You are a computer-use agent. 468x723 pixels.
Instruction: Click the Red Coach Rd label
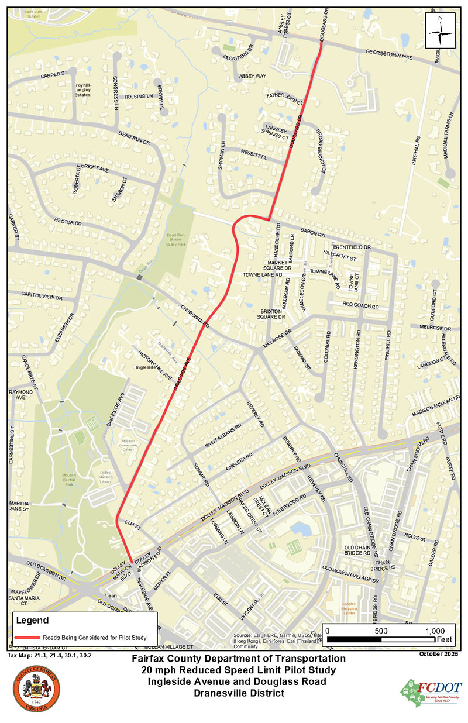pos(361,306)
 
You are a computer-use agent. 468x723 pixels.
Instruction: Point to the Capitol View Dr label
pos(42,296)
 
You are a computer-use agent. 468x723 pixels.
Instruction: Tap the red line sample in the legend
pos(26,638)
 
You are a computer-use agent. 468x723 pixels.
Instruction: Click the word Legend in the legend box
pos(28,619)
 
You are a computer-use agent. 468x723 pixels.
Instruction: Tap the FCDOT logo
pos(431,691)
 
